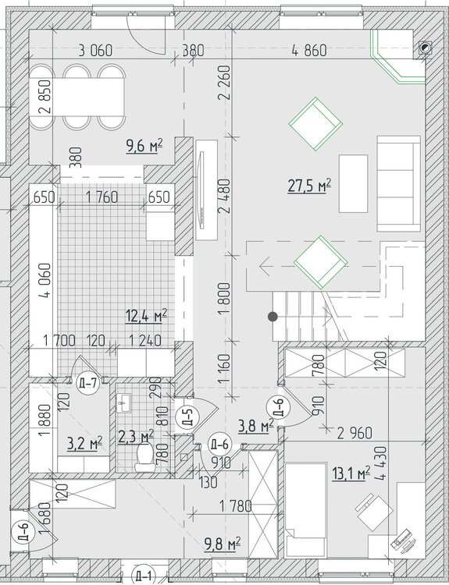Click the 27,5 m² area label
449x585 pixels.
pyautogui.click(x=310, y=186)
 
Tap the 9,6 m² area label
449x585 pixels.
pyautogui.click(x=144, y=145)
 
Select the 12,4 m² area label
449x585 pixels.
pyautogui.click(x=146, y=316)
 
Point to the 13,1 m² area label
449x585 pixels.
pyautogui.click(x=351, y=473)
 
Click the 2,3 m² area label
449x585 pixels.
pyautogui.click(x=136, y=436)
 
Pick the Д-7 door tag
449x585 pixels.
pyautogui.click(x=88, y=383)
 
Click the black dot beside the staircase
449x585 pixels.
pyautogui.click(x=273, y=317)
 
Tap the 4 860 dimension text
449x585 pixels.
pyautogui.click(x=309, y=51)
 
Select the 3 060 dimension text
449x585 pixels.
pyautogui.click(x=95, y=51)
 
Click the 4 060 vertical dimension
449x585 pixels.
pyautogui.click(x=46, y=280)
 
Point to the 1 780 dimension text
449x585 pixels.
pyautogui.click(x=235, y=506)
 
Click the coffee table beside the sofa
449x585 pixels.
pyautogui.click(x=353, y=183)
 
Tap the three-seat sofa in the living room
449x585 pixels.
pyautogui.click(x=398, y=183)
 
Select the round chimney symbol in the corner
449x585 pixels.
pyautogui.click(x=424, y=48)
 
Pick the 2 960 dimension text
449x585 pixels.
pyautogui.click(x=355, y=433)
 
